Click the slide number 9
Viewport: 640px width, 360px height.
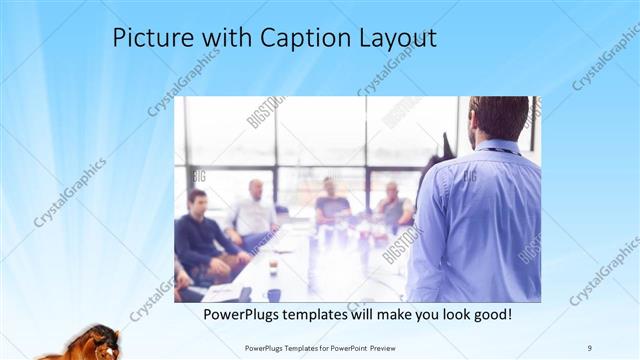click(x=590, y=347)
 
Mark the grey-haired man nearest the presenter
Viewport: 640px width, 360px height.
click(x=392, y=204)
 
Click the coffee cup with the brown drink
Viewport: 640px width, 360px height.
click(x=273, y=268)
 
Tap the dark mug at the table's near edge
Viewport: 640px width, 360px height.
click(x=273, y=295)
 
